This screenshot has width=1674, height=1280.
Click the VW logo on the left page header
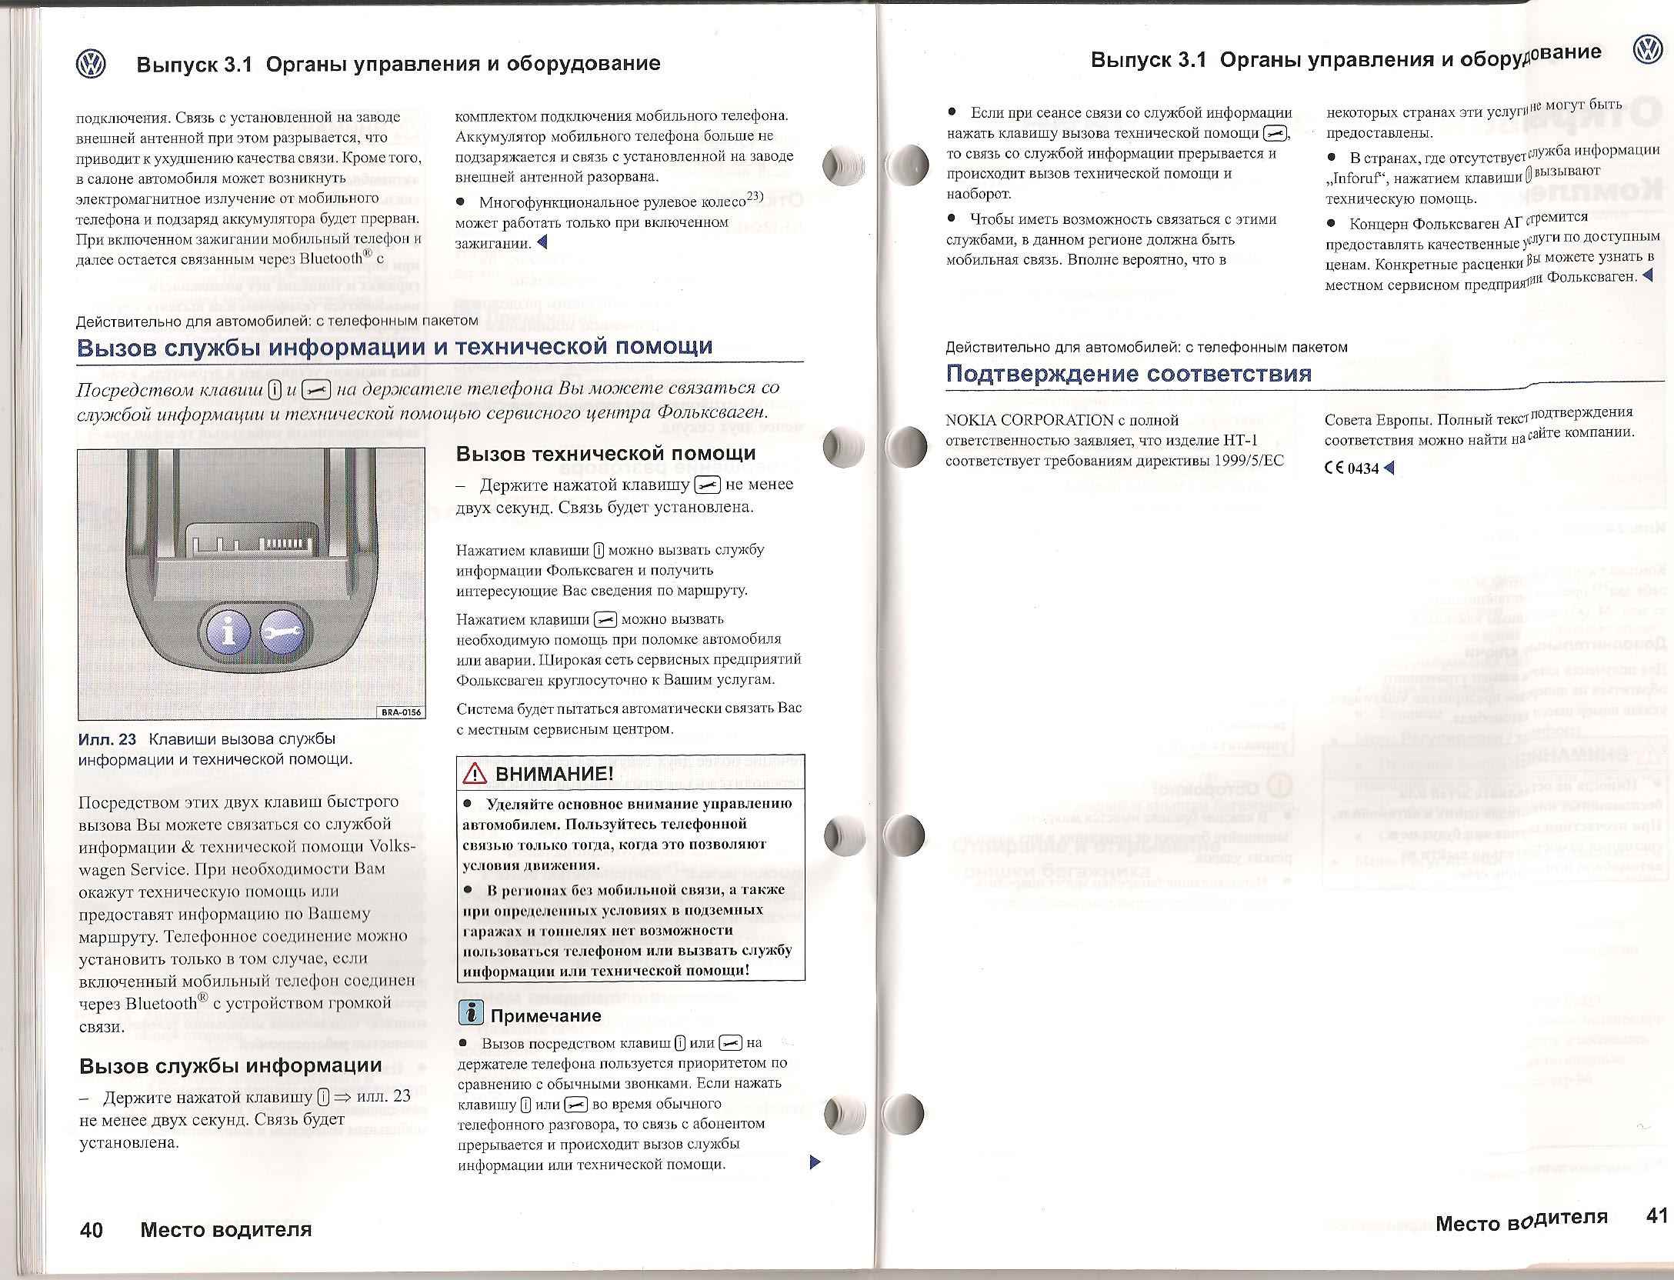[91, 64]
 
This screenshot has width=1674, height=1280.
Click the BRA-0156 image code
[402, 712]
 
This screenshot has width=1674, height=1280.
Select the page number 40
[92, 1230]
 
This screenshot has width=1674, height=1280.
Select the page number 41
[1656, 1215]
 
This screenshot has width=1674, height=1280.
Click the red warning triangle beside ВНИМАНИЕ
[474, 774]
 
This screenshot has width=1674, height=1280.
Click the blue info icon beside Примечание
[470, 1014]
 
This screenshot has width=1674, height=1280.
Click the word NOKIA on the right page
[972, 421]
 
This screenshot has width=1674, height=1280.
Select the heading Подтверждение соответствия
[1129, 375]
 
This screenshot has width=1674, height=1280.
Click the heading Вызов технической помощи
[605, 453]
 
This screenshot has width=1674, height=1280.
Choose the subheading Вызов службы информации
[231, 1065]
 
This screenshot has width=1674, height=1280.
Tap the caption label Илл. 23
[107, 739]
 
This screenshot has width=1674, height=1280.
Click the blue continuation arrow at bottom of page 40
[816, 1162]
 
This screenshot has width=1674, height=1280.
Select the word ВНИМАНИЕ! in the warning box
[554, 774]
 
